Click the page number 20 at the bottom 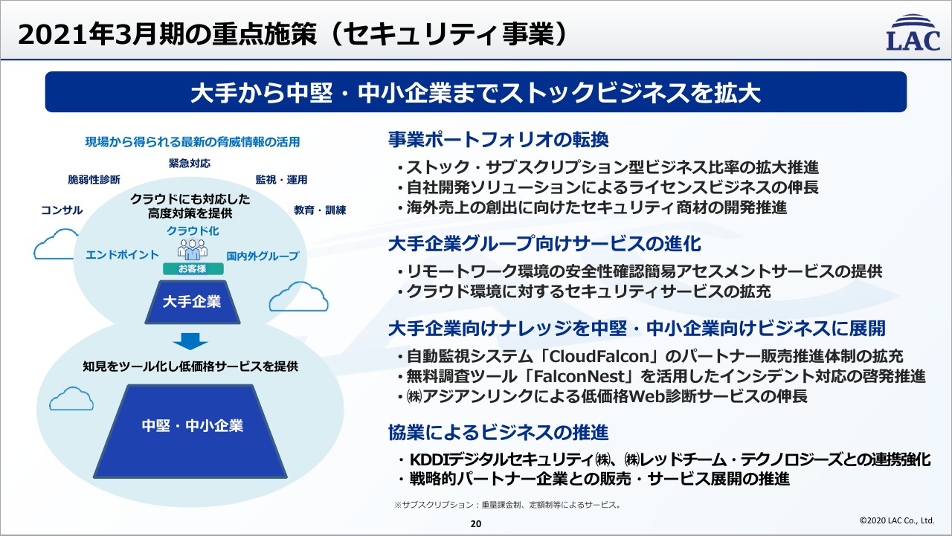[476, 524]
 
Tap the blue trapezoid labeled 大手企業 [193, 302]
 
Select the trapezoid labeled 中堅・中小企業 [193, 426]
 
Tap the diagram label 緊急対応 [189, 163]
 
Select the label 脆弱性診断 [94, 180]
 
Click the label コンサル [62, 210]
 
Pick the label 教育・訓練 [320, 210]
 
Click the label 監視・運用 [281, 180]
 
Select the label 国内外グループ [263, 256]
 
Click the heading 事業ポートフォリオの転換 [498, 139]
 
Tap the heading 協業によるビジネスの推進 [498, 432]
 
